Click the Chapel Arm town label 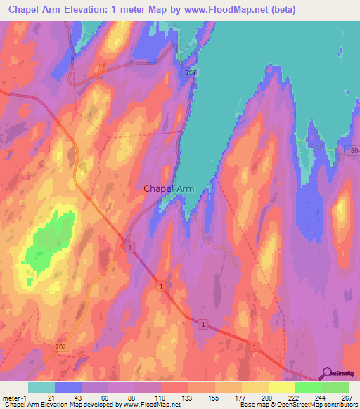click(x=169, y=188)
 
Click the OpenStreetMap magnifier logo click(x=326, y=373)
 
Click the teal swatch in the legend click(x=41, y=387)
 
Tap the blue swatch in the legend click(x=68, y=387)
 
